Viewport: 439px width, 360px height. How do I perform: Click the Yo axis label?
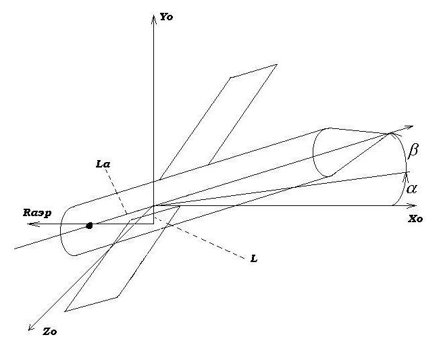click(167, 17)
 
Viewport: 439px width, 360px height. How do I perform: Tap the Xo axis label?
click(415, 220)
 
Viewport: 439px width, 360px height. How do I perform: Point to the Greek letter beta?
click(414, 151)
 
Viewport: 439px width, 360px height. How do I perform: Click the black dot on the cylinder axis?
click(89, 225)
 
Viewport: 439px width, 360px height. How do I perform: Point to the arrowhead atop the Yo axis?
click(154, 15)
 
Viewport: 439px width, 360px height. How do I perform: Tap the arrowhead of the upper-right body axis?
click(409, 127)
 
